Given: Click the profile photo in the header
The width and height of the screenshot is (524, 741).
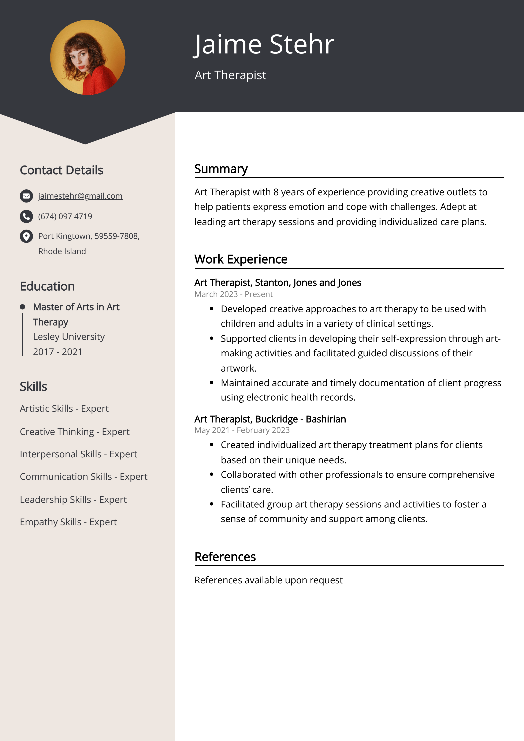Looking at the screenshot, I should point(88,57).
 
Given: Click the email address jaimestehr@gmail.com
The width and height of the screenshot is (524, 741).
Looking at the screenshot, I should point(80,196).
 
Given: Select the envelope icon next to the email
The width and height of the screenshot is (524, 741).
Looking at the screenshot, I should point(26,196).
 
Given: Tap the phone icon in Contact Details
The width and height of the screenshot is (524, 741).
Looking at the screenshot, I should point(26,216).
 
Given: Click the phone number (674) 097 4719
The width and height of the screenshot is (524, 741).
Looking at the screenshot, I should point(65,216).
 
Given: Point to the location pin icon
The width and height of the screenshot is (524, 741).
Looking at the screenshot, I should point(26,236).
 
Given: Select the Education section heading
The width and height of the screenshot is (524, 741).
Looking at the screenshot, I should point(47,286).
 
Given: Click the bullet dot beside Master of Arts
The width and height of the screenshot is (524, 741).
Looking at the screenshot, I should point(22,307).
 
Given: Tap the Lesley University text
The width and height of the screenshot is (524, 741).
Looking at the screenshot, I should point(69,337).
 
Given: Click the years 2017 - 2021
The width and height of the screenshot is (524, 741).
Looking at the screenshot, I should point(57,352).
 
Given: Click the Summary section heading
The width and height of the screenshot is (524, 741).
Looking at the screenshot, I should point(221,169).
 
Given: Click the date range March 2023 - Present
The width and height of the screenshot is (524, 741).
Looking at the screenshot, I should point(233,294).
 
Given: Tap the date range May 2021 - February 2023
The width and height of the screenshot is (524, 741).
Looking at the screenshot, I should point(242,430).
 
